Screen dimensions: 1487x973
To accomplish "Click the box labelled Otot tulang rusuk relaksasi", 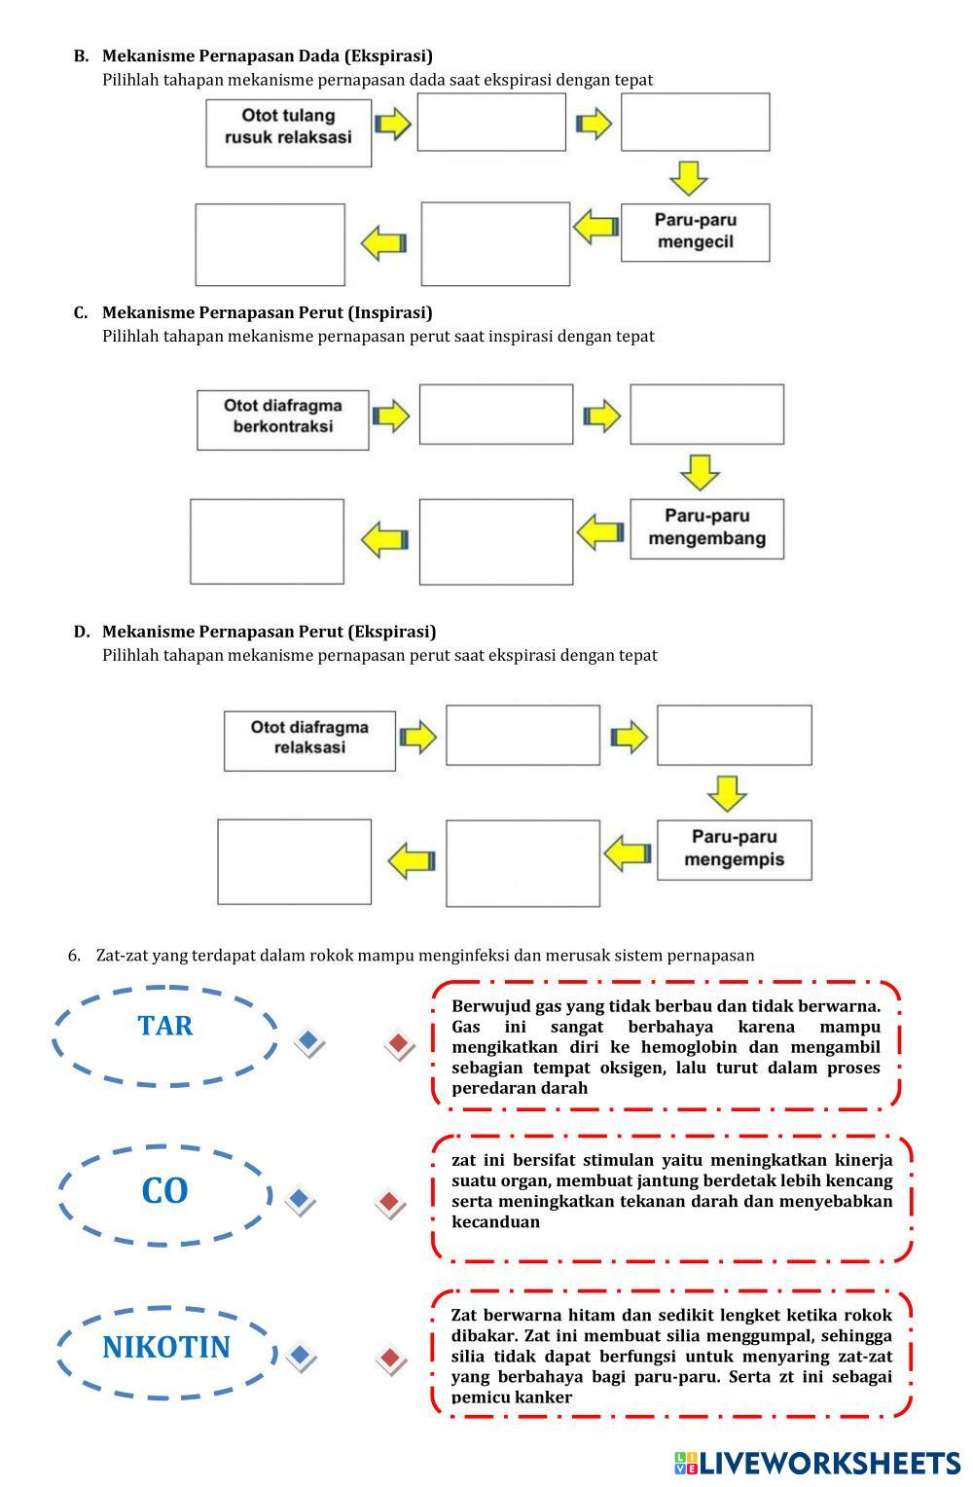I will coord(288,131).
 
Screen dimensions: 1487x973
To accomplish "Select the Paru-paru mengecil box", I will coord(695,232).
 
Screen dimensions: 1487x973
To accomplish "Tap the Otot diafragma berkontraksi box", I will coord(282,419).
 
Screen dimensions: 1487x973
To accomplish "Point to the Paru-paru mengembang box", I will coord(706,528).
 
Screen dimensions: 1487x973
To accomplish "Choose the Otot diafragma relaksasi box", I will coord(309,741).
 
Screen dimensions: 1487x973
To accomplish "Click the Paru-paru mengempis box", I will coord(734,850).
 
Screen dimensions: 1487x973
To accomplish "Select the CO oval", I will coord(164,1191).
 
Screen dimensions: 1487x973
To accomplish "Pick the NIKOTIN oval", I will coord(166,1348).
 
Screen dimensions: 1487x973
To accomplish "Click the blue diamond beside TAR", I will coord(308,1042).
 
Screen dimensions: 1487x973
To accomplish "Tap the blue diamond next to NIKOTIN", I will coord(300,1356).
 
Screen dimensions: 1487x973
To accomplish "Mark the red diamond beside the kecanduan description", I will coord(390,1204).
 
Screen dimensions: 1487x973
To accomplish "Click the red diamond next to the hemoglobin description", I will coord(399,1045).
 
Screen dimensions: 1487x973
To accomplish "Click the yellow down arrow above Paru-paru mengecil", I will coord(689,178).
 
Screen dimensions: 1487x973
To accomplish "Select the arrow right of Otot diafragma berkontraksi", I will coord(391,416).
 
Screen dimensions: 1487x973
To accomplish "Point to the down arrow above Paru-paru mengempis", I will coord(727,793).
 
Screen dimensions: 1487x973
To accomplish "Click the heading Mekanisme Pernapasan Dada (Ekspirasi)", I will coord(267,55).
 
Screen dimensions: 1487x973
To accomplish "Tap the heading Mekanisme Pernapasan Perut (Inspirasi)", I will coord(267,312).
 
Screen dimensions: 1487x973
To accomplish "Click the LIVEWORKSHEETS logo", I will coord(817,1463).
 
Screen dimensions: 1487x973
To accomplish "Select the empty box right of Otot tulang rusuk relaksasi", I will coord(491,123).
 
